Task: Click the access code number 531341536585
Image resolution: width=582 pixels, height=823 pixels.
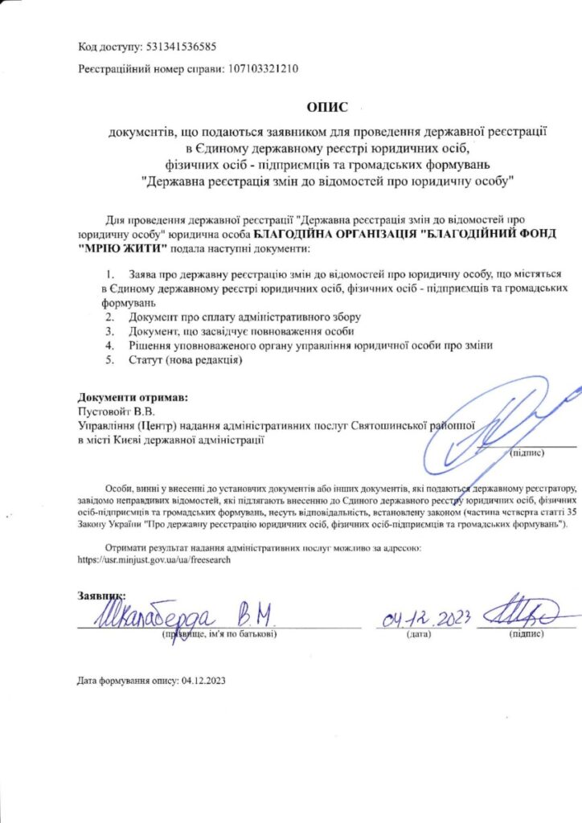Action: [x=182, y=47]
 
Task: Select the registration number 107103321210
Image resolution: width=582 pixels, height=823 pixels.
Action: [x=264, y=69]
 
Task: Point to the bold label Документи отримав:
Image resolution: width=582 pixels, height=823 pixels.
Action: [x=133, y=397]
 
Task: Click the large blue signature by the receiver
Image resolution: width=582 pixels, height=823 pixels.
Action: [x=506, y=422]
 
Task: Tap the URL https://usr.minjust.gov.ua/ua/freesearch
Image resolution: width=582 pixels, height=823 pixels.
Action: [x=154, y=559]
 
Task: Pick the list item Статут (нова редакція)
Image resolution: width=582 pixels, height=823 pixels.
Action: [x=185, y=359]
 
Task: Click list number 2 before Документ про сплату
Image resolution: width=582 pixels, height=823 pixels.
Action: [x=110, y=317]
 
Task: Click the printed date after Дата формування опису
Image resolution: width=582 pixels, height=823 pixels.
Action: [x=204, y=681]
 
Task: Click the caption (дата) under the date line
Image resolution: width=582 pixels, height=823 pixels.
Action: [x=420, y=634]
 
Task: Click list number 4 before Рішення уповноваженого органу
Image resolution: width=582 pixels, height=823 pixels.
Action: [x=110, y=345]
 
